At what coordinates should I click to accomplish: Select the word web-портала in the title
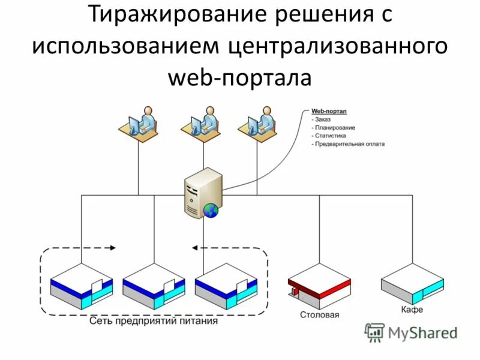pos(239,77)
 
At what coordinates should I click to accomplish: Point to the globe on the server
pos(211,209)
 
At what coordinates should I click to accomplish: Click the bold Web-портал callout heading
pos(329,112)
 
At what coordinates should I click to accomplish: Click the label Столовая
pos(320,315)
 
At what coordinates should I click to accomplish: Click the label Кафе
pos(412,310)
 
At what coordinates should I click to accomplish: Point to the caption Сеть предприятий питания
pos(153,321)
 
